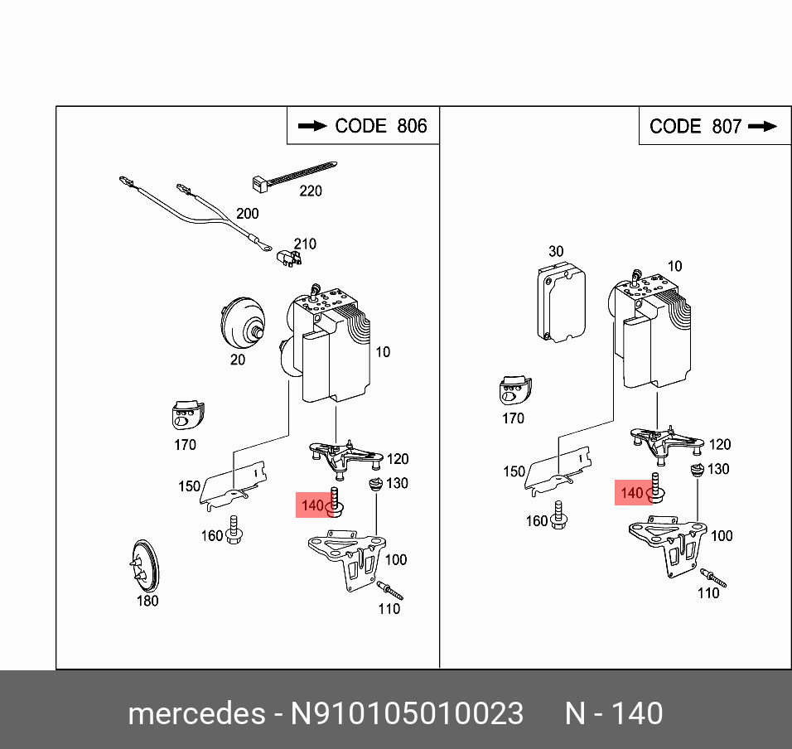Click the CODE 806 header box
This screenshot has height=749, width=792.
[x=363, y=126]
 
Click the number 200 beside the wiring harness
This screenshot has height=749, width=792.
[x=247, y=214]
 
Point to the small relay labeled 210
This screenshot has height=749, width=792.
[x=288, y=259]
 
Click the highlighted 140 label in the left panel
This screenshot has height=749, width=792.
[x=312, y=505]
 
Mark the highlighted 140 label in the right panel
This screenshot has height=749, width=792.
[x=631, y=493]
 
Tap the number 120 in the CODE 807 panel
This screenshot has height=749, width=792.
[x=719, y=445]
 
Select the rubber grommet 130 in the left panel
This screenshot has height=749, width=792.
[x=374, y=484]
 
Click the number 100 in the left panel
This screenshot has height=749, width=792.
[x=396, y=560]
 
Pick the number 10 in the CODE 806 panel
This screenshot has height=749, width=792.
[x=382, y=351]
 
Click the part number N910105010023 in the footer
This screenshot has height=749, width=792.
[x=406, y=713]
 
